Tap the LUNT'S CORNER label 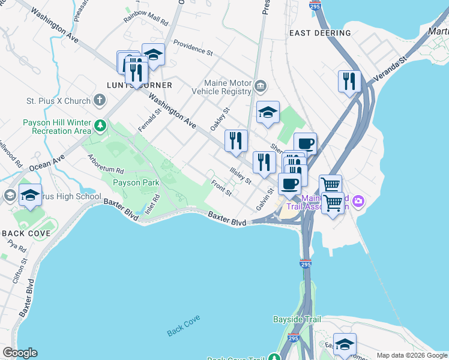(x=131, y=85)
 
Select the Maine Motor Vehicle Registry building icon (x=261, y=86)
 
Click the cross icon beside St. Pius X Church (x=100, y=101)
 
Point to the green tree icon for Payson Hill (x=101, y=126)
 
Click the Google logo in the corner (x=19, y=353)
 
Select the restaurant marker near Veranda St (x=349, y=81)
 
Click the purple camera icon (x=358, y=200)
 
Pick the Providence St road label (x=193, y=48)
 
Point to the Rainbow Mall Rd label (x=146, y=17)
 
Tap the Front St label (x=221, y=188)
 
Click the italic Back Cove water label (x=183, y=325)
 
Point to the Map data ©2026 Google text (x=411, y=355)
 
